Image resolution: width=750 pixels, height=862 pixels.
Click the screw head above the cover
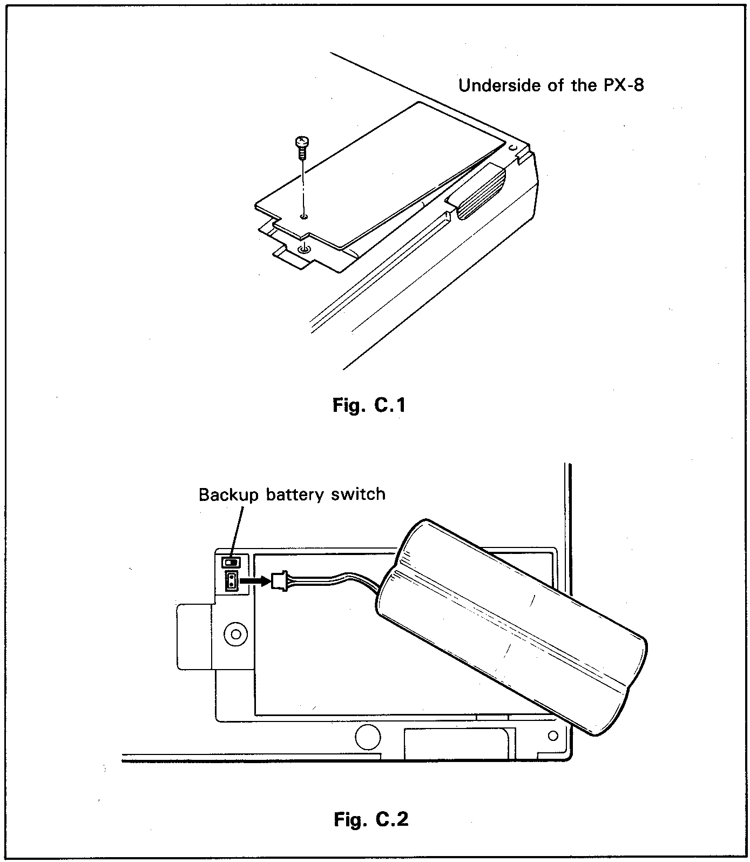point(301,143)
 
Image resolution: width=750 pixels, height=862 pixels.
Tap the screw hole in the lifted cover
point(304,216)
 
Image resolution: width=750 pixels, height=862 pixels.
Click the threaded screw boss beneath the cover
point(305,249)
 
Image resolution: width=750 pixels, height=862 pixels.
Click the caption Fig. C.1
point(369,405)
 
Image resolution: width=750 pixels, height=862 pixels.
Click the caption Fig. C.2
point(371,819)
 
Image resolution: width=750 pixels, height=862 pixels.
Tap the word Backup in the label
point(228,495)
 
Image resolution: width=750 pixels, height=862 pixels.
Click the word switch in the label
point(358,494)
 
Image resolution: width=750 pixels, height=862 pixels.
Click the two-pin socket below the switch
point(231,582)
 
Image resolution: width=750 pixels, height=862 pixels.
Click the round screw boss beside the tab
point(235,632)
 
